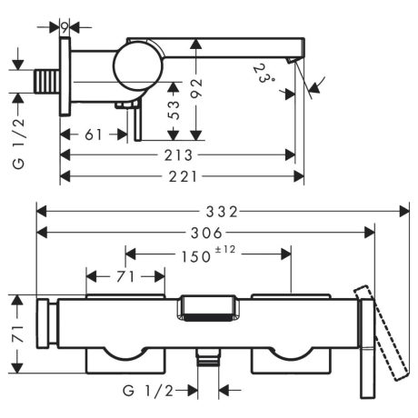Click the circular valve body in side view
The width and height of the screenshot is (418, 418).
tap(134, 68)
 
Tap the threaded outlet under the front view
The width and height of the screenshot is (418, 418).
tap(208, 360)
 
